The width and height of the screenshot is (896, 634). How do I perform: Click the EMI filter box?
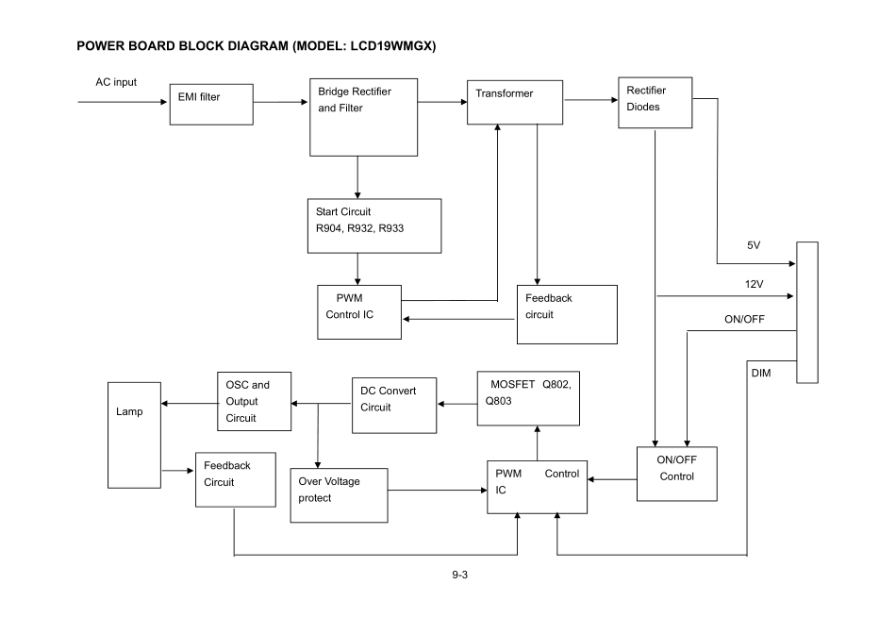coord(211,104)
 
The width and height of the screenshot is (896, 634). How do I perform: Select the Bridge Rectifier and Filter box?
coord(363,117)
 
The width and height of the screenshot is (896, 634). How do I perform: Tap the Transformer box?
coord(515,102)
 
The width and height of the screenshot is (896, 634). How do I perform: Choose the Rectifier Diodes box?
coord(654,103)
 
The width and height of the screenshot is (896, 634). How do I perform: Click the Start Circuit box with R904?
coord(374,225)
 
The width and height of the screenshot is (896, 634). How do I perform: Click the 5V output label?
coord(753,245)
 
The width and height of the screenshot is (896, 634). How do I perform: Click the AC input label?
coord(116,82)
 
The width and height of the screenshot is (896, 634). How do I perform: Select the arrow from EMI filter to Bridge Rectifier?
coord(281,103)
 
